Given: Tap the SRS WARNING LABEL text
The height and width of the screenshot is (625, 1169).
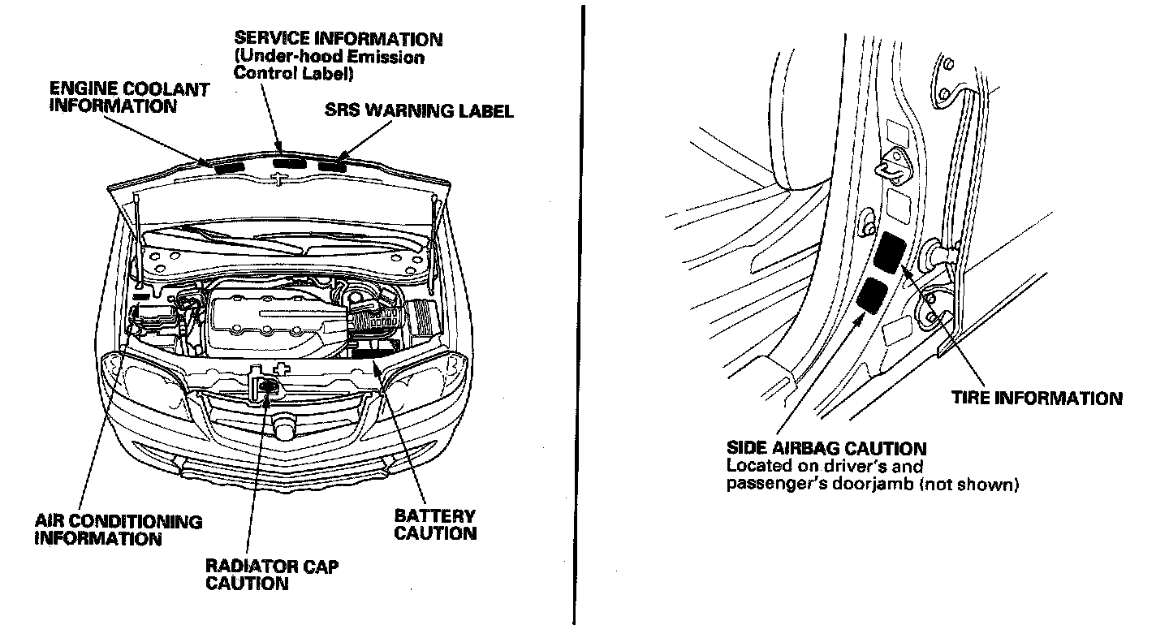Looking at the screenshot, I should point(419,111).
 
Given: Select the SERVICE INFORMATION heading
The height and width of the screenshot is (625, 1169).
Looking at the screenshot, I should point(338,38).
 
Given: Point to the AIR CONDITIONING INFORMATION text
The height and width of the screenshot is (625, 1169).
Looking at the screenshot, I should point(118,528).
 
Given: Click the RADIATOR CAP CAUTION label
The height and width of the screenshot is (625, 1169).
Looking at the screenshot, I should point(272,574).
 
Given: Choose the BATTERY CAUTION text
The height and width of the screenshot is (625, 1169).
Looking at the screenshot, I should point(435,524).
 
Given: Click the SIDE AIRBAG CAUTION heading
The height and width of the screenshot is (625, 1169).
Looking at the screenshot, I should point(826,448).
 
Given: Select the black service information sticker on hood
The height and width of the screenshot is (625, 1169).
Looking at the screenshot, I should point(288,164).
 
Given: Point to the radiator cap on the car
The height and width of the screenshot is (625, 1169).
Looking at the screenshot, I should point(265,387).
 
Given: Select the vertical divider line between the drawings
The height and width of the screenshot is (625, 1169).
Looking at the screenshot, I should point(582,312).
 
